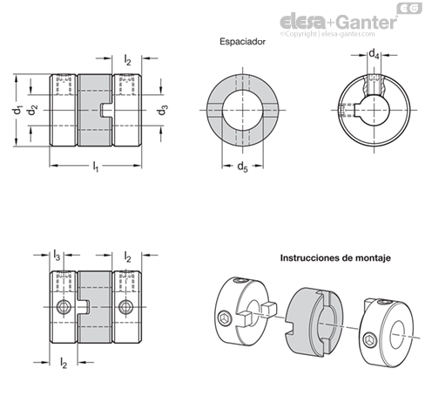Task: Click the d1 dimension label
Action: tap(18, 111)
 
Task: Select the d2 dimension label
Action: tap(33, 111)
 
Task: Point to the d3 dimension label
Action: tap(163, 111)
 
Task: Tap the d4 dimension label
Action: tap(374, 54)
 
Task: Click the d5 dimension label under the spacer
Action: tap(243, 167)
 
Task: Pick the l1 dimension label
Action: tap(96, 167)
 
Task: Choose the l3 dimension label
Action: tap(57, 256)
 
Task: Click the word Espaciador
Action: tap(242, 42)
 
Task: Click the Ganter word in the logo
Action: tap(368, 22)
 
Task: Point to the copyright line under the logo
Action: tap(327, 34)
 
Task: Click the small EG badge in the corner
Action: tap(409, 8)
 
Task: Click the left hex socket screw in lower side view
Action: tap(63, 307)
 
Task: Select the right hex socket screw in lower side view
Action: tap(126, 307)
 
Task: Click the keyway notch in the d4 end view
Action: tap(358, 110)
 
